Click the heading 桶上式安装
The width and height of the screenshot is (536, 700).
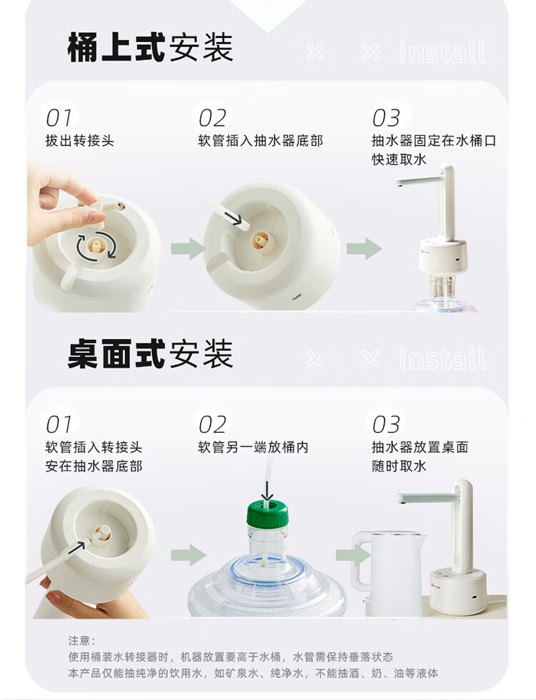(150, 47)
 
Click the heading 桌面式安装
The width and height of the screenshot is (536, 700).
(150, 354)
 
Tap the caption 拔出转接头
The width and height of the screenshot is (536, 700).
(79, 141)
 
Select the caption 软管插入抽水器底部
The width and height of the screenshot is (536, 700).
(260, 141)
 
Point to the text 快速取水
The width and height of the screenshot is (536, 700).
(399, 159)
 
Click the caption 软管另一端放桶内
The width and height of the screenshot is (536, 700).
(253, 447)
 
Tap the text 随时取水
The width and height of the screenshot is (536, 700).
(399, 466)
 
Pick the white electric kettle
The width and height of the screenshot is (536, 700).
(387, 572)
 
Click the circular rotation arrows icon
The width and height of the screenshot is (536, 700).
(96, 246)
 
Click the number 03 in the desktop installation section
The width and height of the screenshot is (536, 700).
(386, 424)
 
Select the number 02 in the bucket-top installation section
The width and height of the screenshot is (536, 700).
(212, 118)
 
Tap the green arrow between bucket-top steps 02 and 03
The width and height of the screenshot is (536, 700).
(364, 249)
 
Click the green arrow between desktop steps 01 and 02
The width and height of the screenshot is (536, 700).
(188, 555)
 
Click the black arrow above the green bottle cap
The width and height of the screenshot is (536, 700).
(267, 491)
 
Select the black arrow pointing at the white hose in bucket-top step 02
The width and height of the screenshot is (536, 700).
(233, 218)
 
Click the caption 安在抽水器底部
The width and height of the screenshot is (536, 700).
(94, 466)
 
